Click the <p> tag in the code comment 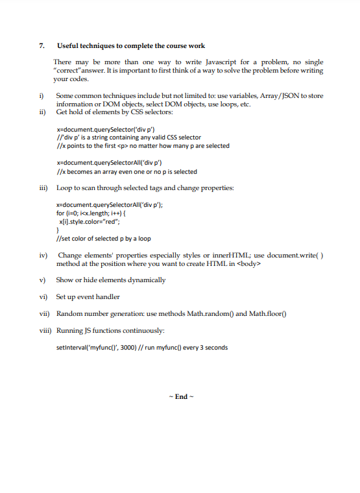tap(118, 145)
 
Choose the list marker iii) tap(43, 188)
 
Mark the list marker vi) tap(43, 296)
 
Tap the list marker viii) tap(45, 330)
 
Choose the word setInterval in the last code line tap(71, 347)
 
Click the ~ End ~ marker tap(180, 396)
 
